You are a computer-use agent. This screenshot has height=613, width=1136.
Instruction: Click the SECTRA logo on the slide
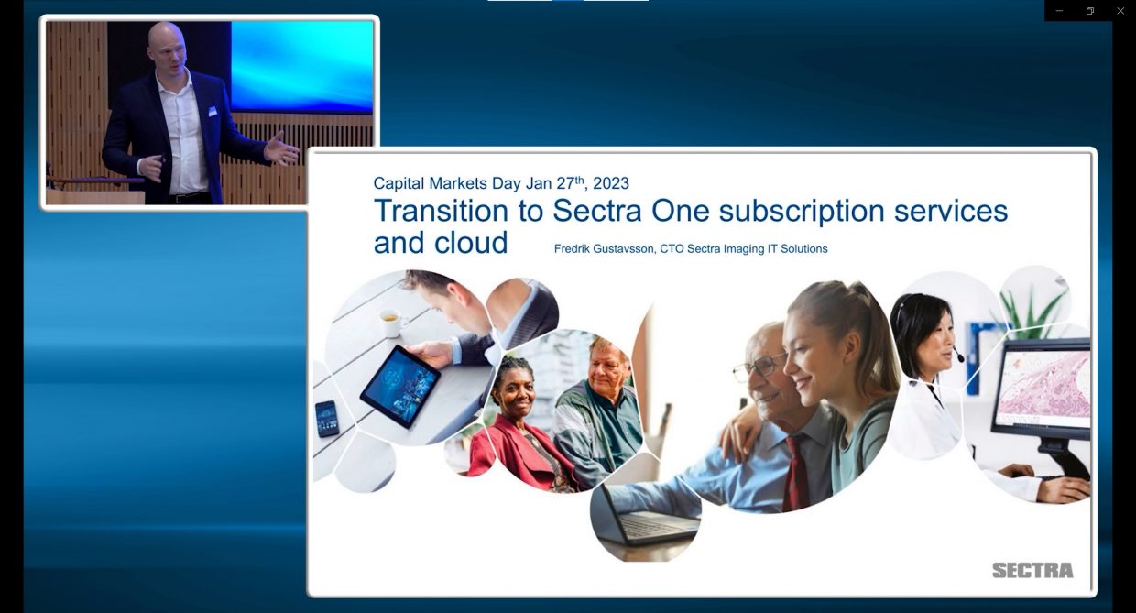(x=1032, y=570)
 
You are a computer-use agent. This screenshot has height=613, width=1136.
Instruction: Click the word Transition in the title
(x=442, y=211)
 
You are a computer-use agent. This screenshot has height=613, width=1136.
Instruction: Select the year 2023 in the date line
(x=611, y=182)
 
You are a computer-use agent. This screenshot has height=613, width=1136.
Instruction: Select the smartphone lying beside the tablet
(x=327, y=418)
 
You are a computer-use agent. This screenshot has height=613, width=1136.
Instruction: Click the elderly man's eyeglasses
(x=757, y=367)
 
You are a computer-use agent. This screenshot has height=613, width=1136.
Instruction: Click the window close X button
(x=1120, y=11)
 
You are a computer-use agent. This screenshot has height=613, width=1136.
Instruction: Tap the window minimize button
(x=1060, y=11)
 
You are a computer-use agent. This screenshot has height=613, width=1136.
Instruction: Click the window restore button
(x=1090, y=11)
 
